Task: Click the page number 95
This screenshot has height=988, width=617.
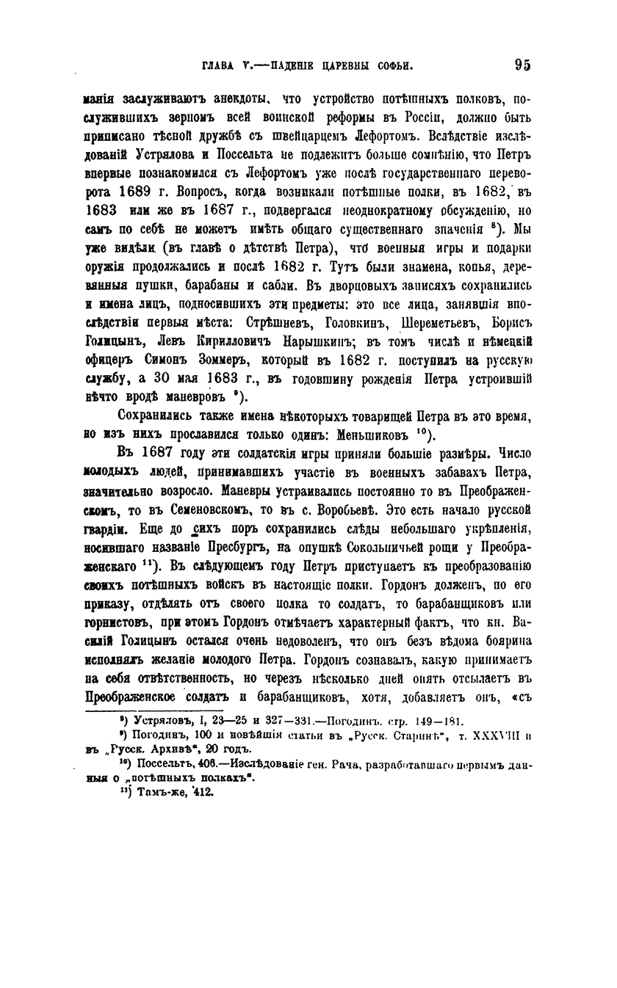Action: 522,65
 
